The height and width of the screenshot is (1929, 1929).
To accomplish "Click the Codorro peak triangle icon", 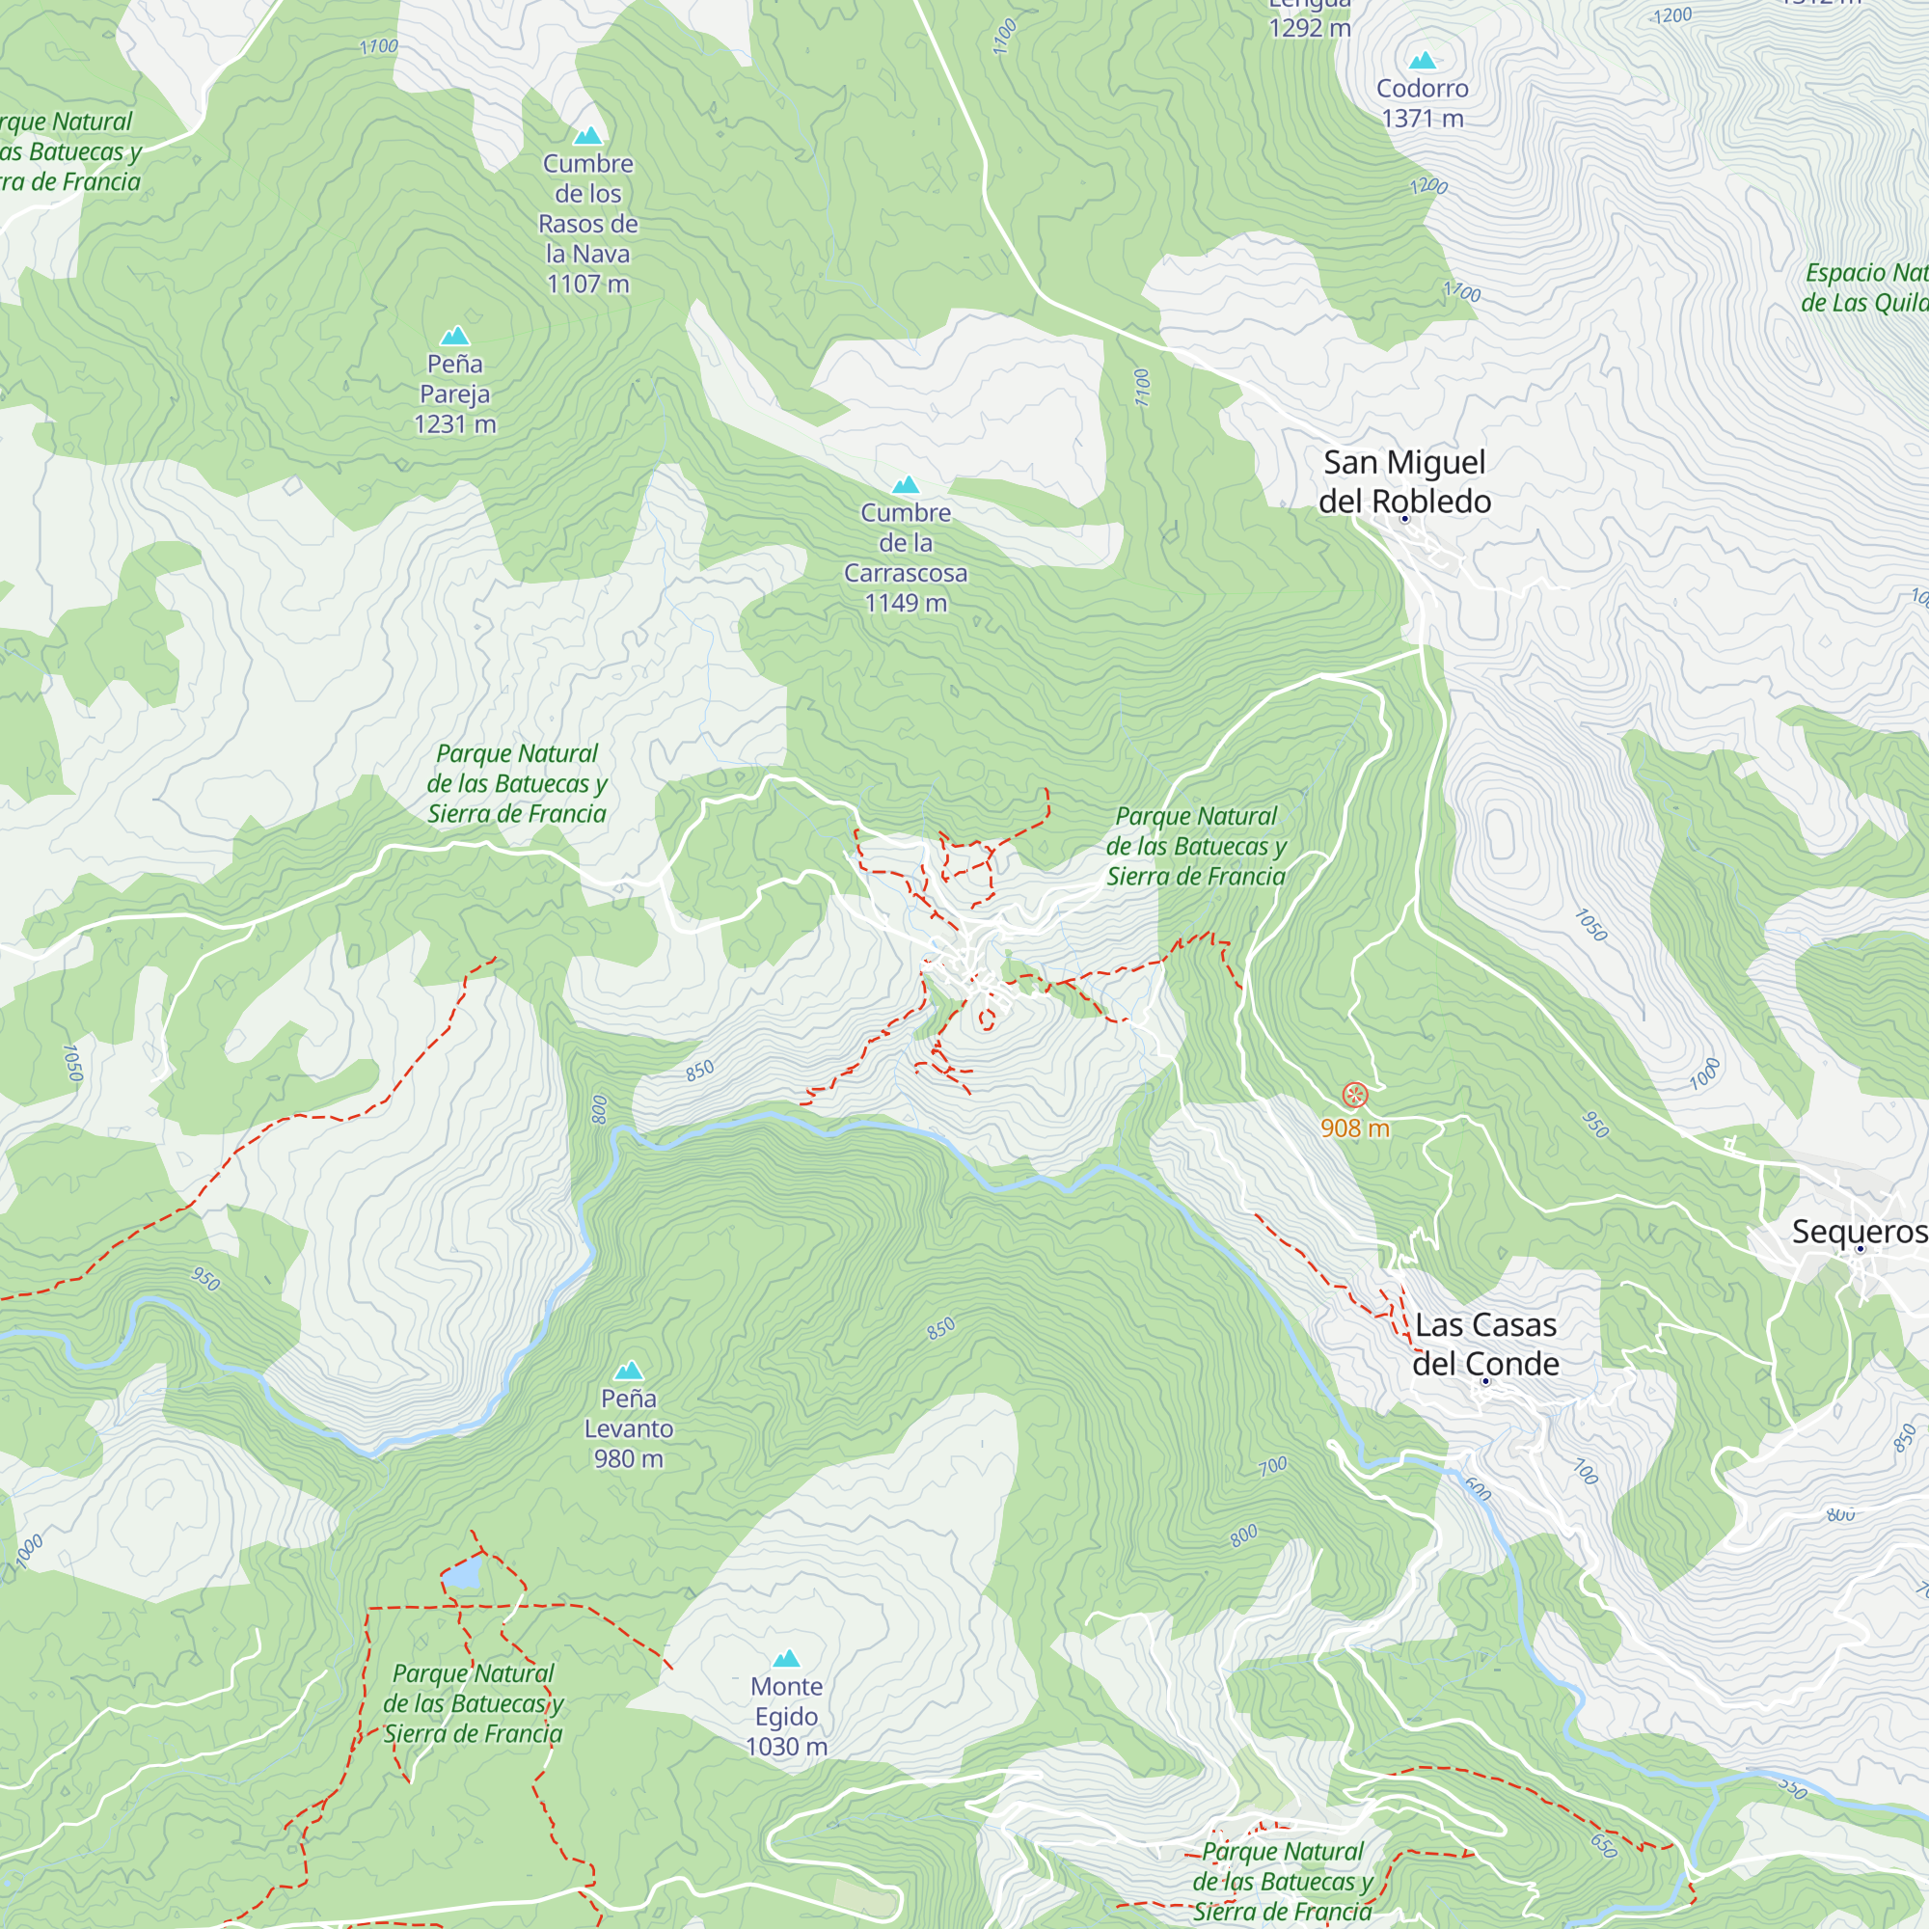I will pos(1422,61).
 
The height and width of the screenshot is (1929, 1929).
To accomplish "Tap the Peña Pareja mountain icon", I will pos(455,336).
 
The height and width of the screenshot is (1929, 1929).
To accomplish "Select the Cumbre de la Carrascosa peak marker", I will pos(906,485).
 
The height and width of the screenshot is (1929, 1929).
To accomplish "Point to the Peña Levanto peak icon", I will pos(629,1370).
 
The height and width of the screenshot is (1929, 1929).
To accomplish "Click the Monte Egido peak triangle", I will pos(787,1658).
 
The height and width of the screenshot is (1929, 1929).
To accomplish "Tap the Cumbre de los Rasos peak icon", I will pos(588,136).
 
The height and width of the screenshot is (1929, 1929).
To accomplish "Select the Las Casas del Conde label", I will pos(1484,1344).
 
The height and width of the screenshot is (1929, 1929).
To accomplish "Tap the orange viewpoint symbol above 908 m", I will pos(1354,1096).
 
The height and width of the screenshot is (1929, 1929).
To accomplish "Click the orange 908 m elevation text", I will pos(1354,1128).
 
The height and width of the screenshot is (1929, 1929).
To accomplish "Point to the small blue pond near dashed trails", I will pos(461,1575).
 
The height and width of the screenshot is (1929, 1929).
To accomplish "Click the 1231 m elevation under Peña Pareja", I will pos(455,424).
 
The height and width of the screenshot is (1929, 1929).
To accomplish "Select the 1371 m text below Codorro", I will pos(1422,119).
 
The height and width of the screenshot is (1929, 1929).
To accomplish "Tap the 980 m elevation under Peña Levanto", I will pos(629,1458).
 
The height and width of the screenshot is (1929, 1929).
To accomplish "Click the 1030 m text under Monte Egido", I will pos(787,1748).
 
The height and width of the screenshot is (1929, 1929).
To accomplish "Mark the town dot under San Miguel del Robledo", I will pos(1405,519).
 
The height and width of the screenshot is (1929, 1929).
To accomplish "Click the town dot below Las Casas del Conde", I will pos(1485,1382).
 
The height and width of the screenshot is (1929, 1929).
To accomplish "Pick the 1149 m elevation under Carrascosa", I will pos(906,603).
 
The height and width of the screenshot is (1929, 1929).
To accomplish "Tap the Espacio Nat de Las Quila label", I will pos(1865,287).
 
